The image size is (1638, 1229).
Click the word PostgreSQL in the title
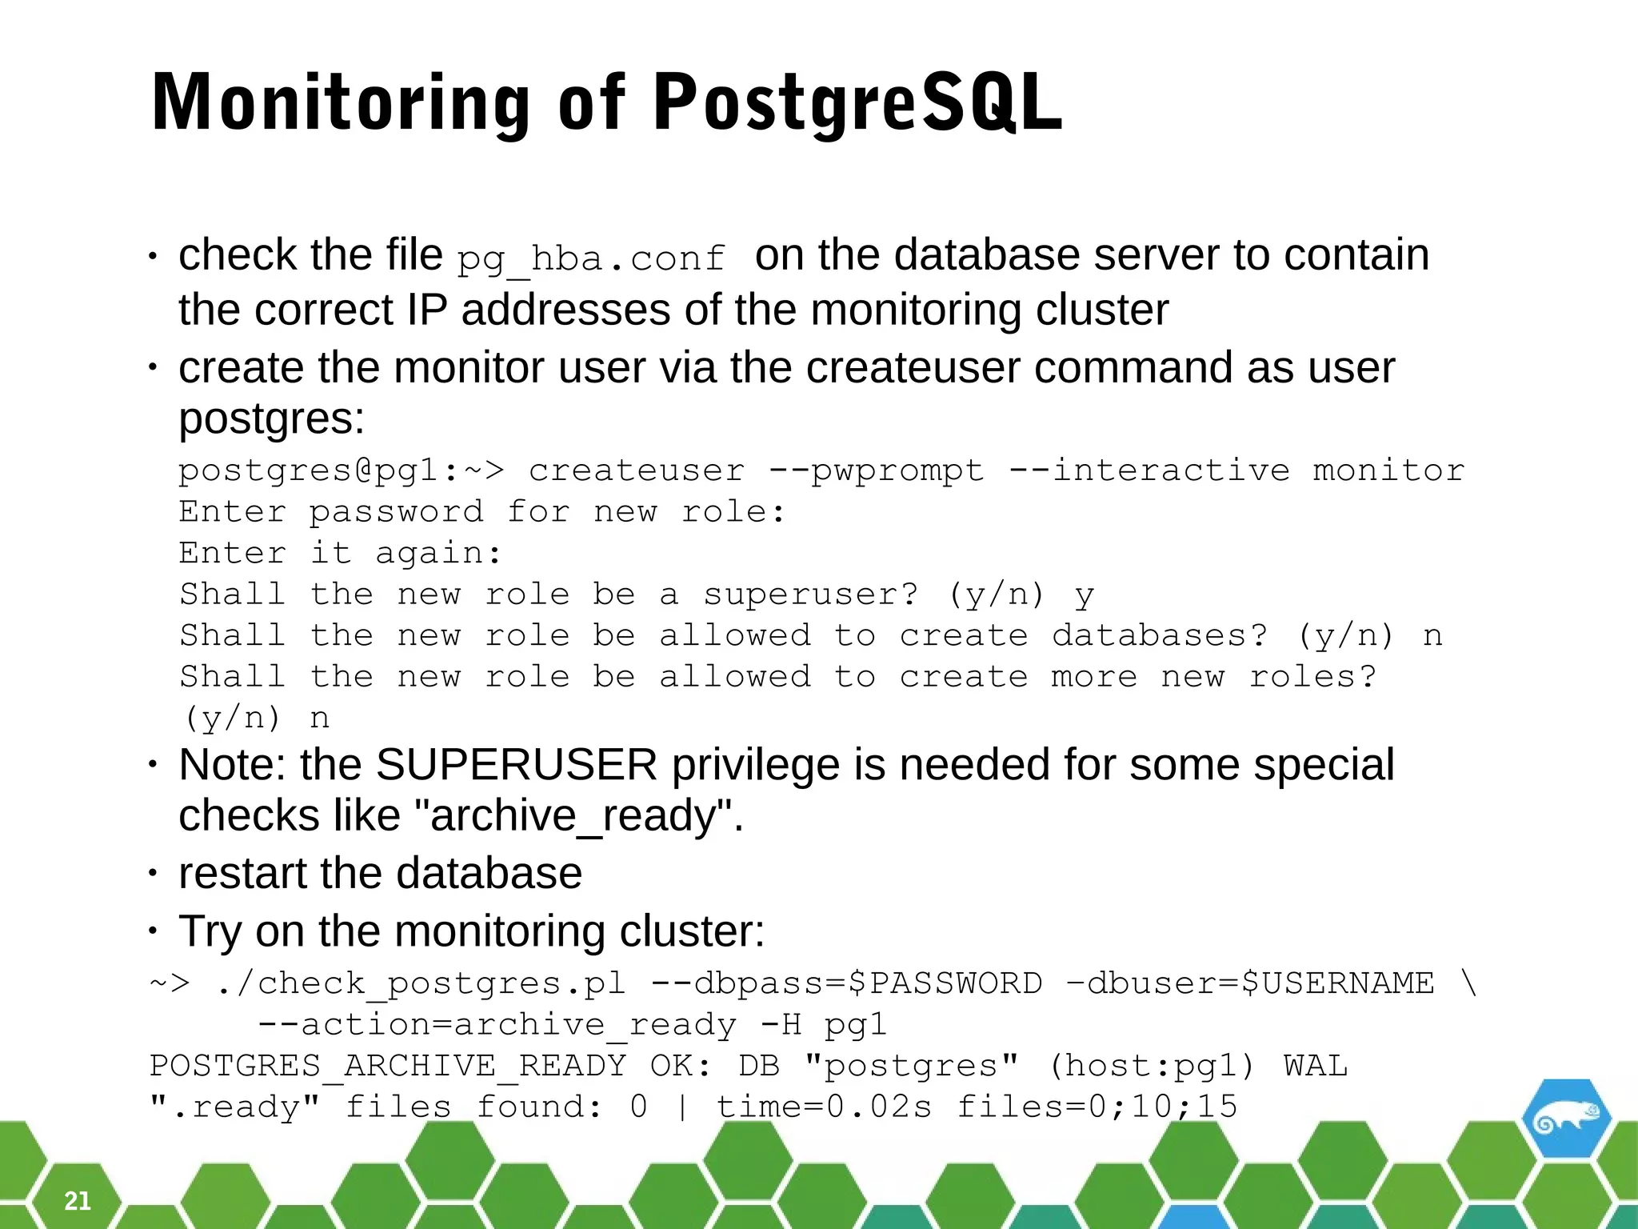[857, 102]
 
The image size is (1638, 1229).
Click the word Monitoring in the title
[341, 102]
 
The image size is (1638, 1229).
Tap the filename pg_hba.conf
[591, 258]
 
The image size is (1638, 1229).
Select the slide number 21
[78, 1200]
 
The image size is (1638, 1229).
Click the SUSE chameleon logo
[1566, 1121]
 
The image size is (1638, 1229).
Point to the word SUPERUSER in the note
[516, 765]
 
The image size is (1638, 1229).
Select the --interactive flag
[1149, 470]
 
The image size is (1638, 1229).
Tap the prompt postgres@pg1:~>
[342, 470]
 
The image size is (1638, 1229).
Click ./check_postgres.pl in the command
[421, 983]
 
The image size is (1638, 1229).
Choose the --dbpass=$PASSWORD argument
[847, 983]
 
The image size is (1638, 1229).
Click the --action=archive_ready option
[497, 1025]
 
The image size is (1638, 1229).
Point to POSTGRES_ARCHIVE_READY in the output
[388, 1067]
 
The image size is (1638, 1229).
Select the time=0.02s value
[824, 1107]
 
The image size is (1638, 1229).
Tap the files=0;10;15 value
[1097, 1107]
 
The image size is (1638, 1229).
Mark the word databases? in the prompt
[1160, 636]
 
